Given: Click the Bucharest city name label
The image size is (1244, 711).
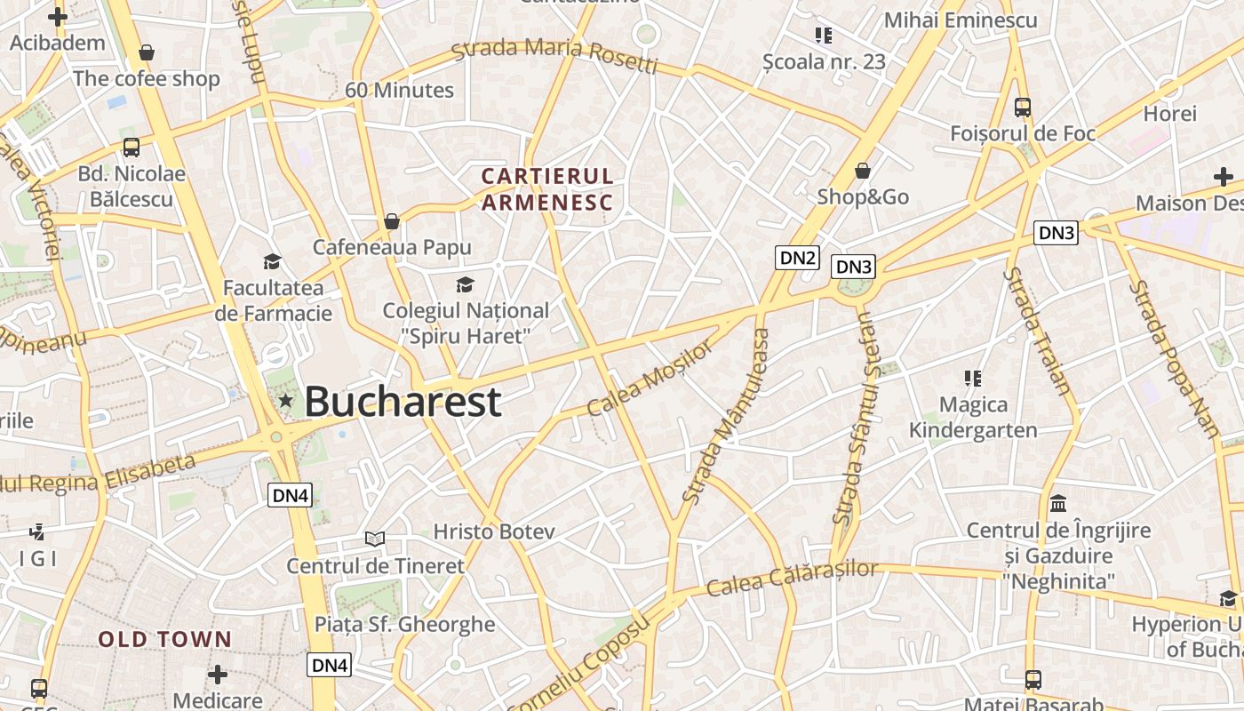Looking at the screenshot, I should point(403,402).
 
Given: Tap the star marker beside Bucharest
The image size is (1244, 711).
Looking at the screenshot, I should point(285,401).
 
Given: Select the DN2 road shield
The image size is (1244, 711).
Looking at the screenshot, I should point(796,258).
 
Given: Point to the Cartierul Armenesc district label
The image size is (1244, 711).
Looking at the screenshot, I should point(547,189).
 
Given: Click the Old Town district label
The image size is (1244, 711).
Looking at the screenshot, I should point(164,639).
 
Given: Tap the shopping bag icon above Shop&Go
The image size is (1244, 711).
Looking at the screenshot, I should point(862,171).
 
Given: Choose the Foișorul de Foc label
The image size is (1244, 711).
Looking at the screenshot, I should point(1023,133).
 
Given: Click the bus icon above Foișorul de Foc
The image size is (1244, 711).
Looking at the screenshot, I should point(1023,108).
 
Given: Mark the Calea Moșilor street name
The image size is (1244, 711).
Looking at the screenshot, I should point(650,378).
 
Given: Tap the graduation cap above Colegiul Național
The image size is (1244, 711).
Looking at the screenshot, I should point(465,284).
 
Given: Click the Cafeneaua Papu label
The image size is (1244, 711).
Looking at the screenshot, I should point(392,247).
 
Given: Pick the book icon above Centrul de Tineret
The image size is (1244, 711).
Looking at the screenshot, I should point(375,539).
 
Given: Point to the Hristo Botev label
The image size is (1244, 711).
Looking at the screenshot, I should point(494,531).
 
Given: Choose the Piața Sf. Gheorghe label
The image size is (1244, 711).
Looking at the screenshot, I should point(404,624).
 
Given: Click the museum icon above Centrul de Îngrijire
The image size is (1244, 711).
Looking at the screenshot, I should point(1058,504).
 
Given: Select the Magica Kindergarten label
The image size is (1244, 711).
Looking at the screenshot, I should point(973,418).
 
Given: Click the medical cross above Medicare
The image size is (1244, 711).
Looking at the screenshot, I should point(218,675).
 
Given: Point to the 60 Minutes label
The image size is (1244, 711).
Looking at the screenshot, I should point(399,90).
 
